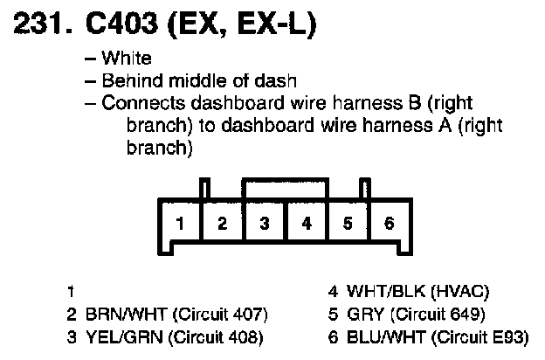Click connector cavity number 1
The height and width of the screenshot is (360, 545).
point(179,223)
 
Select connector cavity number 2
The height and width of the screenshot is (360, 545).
point(222,223)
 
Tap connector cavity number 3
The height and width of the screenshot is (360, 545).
point(264,223)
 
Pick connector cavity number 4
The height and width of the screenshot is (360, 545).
point(306,223)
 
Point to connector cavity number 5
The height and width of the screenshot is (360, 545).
point(348,223)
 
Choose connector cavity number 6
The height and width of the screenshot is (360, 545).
point(390,223)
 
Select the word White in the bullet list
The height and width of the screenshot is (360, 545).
point(127,59)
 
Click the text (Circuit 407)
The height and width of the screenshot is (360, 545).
point(217,313)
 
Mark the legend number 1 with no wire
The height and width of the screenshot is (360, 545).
point(69,291)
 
